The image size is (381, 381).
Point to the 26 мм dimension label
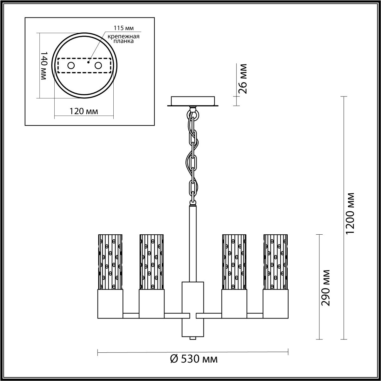coord(243,78)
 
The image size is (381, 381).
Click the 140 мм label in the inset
coord(44,66)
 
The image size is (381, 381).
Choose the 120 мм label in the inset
coord(84,111)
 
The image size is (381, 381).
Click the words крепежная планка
coord(124,39)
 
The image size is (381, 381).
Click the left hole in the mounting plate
coord(71,66)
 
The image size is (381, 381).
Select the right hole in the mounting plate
coord(98,66)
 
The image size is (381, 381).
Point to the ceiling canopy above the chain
coord(193,101)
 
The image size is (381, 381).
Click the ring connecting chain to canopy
coord(193,113)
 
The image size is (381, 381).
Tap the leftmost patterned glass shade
coord(110,262)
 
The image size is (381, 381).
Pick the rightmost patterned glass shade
coord(275,262)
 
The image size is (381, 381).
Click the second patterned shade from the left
coord(151,262)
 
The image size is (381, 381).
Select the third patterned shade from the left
coord(234,262)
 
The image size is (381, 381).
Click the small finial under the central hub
coord(193,338)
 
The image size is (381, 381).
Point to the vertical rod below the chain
coord(193,243)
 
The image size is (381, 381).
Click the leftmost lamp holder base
coord(110,304)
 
